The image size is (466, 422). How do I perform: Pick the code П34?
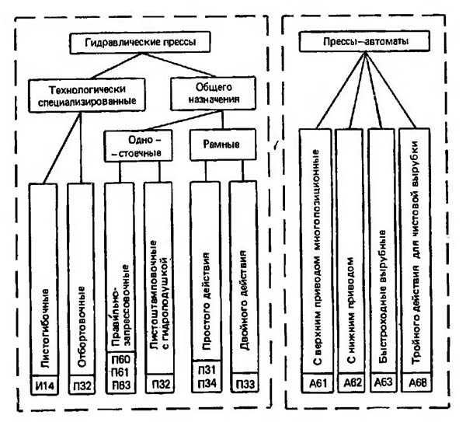pos(209,383)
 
